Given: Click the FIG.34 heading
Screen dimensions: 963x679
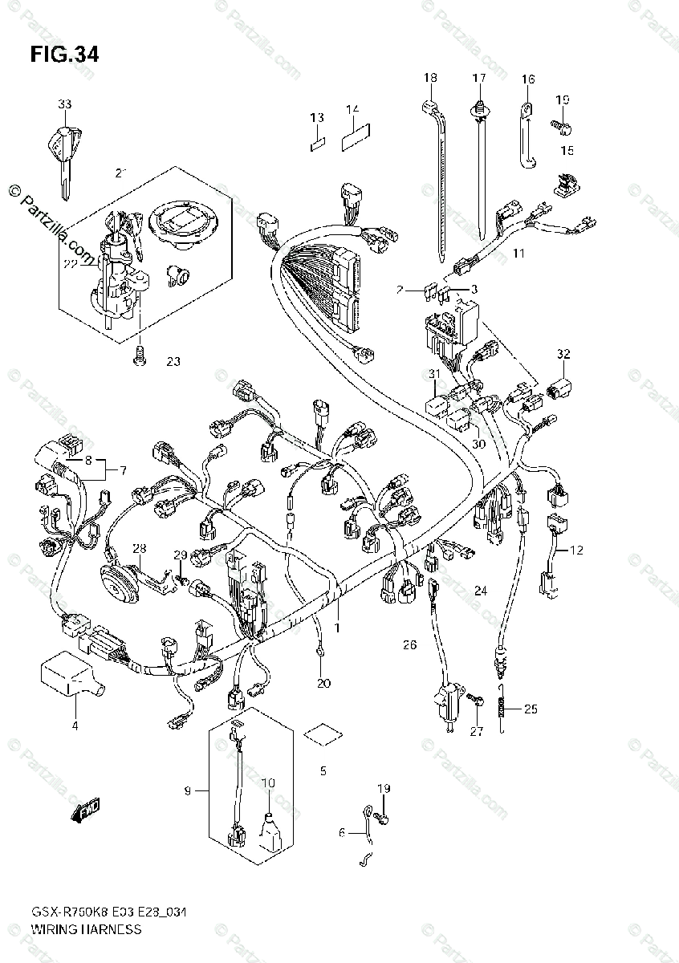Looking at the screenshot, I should [x=64, y=55].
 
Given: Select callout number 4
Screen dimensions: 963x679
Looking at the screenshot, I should [x=75, y=727].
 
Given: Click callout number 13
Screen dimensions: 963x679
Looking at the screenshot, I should [x=317, y=118].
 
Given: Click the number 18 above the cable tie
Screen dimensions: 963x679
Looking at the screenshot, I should [x=430, y=78].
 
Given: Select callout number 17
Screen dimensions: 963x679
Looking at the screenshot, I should [x=479, y=78].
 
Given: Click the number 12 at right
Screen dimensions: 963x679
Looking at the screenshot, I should [x=577, y=550].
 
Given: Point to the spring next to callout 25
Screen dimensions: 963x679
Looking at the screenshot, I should [x=501, y=707].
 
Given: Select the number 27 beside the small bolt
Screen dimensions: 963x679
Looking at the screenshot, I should [x=478, y=730].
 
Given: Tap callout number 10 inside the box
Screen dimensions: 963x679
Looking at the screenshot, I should [x=267, y=782].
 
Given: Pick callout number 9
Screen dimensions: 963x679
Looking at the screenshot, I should [x=187, y=791].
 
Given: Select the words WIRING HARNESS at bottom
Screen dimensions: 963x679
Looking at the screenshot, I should [x=86, y=929].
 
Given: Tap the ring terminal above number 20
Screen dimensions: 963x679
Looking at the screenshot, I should [x=321, y=654].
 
